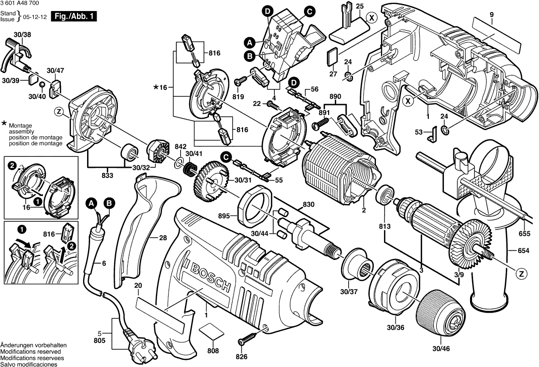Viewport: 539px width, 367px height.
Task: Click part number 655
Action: pyautogui.click(x=524, y=233)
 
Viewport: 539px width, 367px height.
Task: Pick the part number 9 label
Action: pyautogui.click(x=492, y=15)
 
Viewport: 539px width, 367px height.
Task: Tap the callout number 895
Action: pyautogui.click(x=224, y=216)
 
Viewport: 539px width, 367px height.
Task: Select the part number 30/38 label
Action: pyautogui.click(x=23, y=34)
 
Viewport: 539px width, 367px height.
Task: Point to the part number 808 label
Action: pyautogui.click(x=213, y=350)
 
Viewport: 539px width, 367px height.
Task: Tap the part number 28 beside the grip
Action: pyautogui.click(x=162, y=238)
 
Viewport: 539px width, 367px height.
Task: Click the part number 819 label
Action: pyautogui.click(x=239, y=97)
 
